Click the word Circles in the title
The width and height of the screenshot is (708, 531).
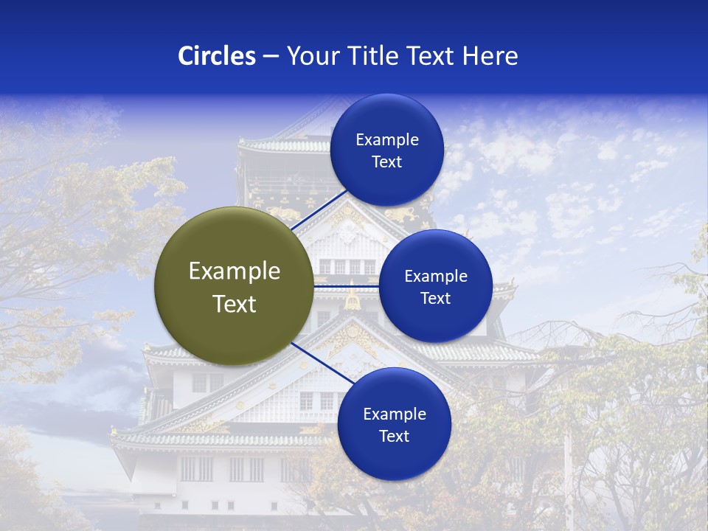click(216, 56)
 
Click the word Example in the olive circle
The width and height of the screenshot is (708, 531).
click(235, 271)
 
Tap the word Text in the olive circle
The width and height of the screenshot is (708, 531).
click(235, 304)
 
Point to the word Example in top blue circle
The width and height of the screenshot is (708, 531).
click(387, 140)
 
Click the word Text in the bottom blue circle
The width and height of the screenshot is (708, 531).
click(394, 436)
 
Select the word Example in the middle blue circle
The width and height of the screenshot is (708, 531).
click(436, 277)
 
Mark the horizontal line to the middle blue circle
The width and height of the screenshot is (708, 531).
click(347, 285)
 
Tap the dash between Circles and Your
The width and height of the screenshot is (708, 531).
click(271, 57)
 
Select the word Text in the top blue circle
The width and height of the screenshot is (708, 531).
click(386, 162)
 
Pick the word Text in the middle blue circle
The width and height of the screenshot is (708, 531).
click(435, 298)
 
